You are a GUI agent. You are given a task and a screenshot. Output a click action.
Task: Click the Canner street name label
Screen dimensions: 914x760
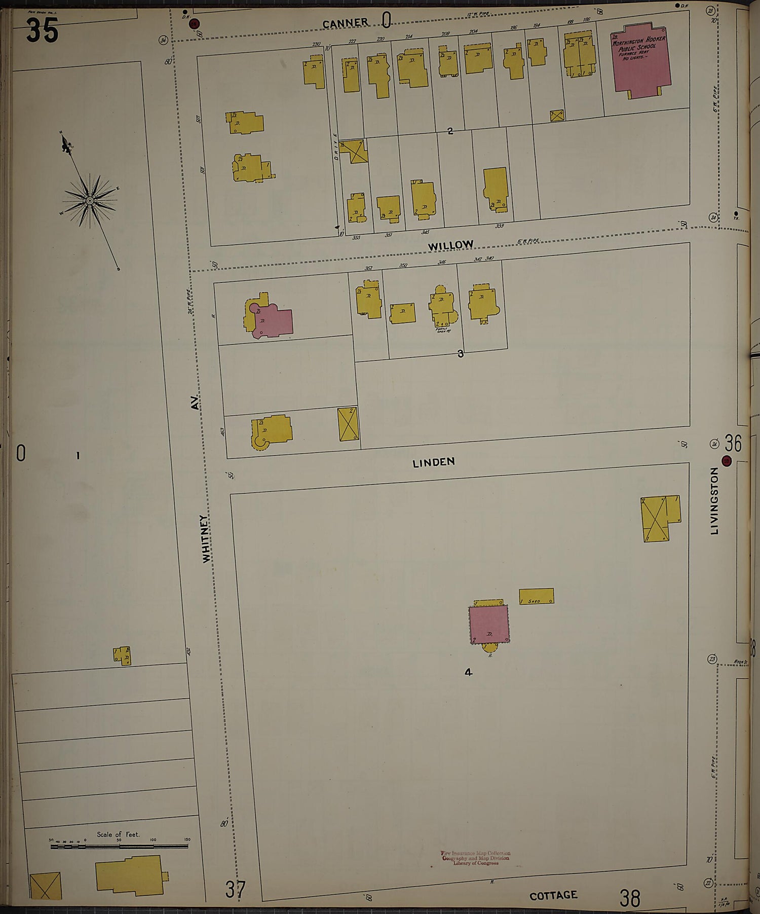[x=345, y=23]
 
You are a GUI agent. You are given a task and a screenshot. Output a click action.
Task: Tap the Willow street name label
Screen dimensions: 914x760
[x=450, y=246]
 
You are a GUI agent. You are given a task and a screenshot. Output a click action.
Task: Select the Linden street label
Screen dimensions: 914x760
[x=433, y=462]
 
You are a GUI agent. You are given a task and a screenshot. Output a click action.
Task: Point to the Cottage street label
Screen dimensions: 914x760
[x=553, y=895]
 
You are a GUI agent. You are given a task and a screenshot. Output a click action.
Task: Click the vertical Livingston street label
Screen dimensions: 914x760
[x=714, y=501]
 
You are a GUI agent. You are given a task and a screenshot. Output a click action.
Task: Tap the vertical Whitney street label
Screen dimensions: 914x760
[x=206, y=538]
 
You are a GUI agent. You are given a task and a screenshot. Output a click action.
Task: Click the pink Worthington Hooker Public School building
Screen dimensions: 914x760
[x=641, y=61]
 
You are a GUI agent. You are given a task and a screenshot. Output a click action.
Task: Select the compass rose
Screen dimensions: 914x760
[x=90, y=201]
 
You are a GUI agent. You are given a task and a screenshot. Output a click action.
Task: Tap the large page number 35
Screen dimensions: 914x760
[x=43, y=30]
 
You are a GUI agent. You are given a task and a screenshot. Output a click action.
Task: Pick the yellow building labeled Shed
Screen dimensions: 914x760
[x=536, y=596]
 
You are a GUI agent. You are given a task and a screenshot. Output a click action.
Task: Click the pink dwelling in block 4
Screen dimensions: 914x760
[x=488, y=624]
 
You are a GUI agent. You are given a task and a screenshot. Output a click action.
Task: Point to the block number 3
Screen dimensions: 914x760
[x=461, y=354]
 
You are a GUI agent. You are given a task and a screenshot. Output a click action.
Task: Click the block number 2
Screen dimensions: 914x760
[x=450, y=131]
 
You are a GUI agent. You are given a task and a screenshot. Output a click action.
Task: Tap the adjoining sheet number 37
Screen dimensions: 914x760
[x=236, y=889]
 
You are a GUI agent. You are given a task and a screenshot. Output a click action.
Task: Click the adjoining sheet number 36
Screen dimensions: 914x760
[x=733, y=444]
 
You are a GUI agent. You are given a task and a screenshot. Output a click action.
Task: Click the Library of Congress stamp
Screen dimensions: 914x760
[x=475, y=858]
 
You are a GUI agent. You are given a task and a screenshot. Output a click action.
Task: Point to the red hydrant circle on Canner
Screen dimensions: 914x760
[x=194, y=23]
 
